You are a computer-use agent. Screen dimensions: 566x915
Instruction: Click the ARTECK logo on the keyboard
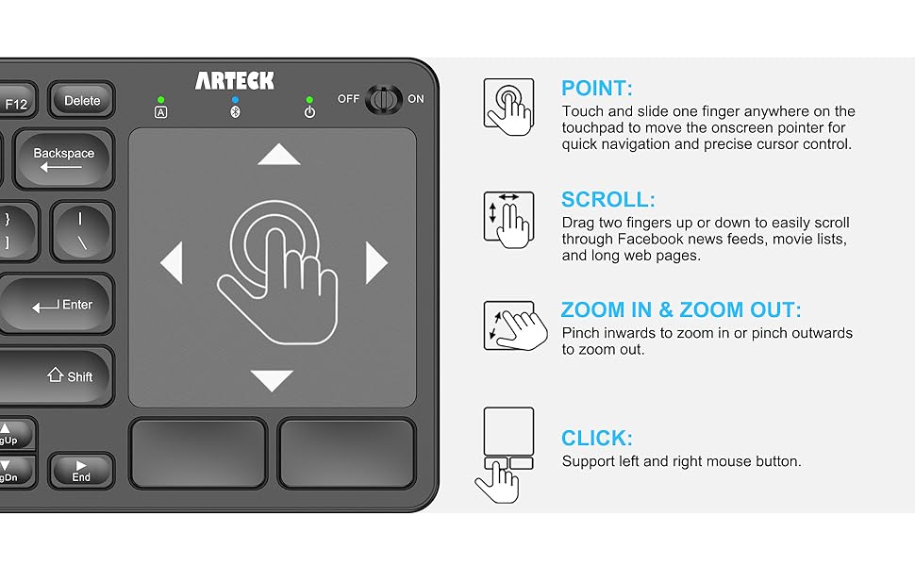[x=235, y=81]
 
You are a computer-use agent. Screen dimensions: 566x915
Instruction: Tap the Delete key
[x=82, y=101]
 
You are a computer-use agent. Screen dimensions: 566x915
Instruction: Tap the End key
[x=81, y=471]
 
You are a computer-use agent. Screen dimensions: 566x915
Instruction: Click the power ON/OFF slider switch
[x=382, y=99]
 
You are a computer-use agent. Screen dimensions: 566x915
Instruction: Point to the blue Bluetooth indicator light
[x=235, y=99]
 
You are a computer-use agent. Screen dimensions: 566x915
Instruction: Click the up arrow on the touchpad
[x=278, y=155]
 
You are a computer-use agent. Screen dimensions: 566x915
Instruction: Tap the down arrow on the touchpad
[x=273, y=380]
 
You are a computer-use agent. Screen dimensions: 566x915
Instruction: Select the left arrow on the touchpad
[x=172, y=263]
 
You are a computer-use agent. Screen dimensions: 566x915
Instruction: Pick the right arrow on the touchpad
[x=376, y=263]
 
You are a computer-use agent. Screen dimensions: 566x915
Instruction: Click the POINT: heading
[x=596, y=89]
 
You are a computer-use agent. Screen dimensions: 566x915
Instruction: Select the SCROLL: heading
[x=607, y=200]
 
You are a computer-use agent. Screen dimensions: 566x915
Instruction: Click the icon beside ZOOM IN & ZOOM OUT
[x=510, y=326]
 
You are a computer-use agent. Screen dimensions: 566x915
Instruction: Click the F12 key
[x=16, y=104]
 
